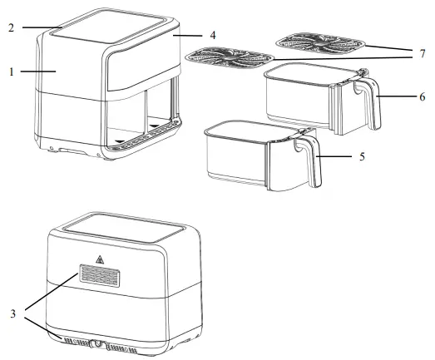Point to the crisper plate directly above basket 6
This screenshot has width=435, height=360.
(320, 42)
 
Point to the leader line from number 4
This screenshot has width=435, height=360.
(194, 36)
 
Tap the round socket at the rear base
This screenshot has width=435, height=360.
(99, 343)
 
